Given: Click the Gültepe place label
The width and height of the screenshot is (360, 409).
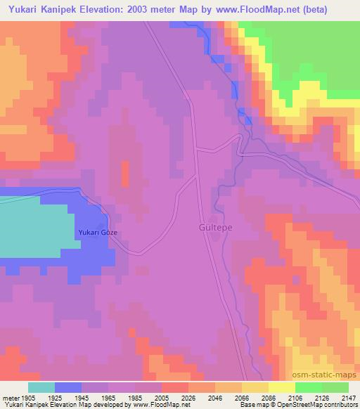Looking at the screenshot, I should pyautogui.click(x=210, y=228).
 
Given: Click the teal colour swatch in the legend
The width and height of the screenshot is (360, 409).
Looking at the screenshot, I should pyautogui.click(x=41, y=387).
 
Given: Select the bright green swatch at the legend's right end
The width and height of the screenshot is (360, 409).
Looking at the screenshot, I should pyautogui.click(x=335, y=387).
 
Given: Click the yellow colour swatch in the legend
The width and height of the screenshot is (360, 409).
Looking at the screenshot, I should pyautogui.click(x=281, y=387).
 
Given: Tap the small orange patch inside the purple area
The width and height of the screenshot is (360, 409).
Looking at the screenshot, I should pyautogui.click(x=126, y=174).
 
